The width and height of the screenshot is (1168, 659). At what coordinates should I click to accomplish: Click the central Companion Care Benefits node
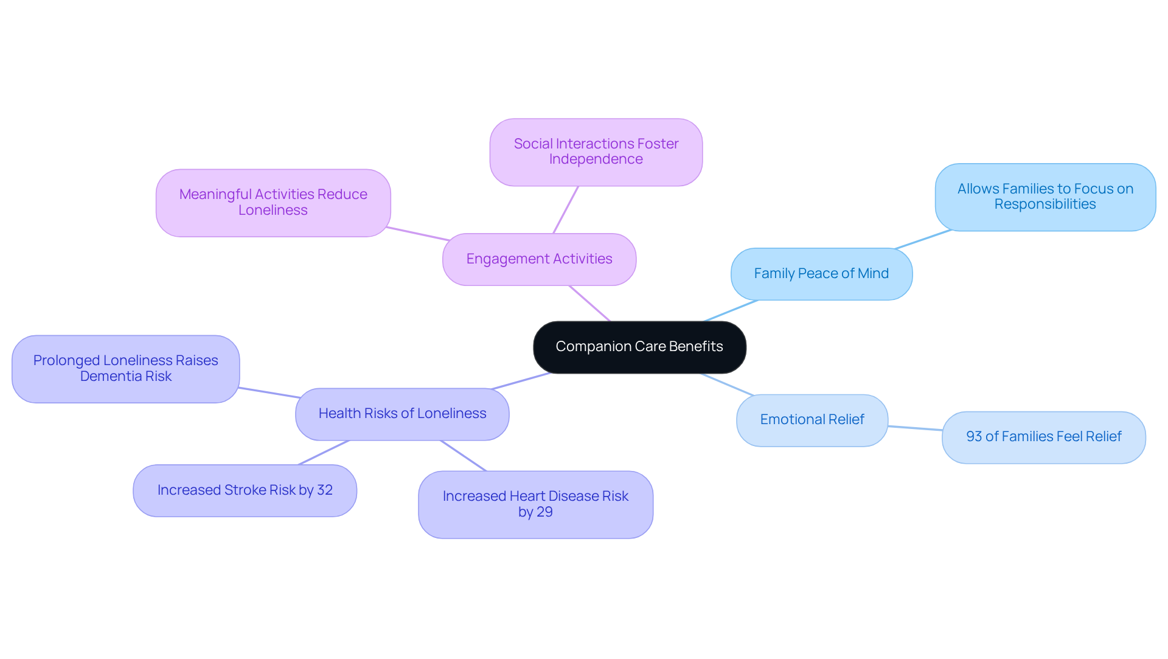tap(639, 347)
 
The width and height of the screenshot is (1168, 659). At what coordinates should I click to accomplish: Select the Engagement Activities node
tap(539, 259)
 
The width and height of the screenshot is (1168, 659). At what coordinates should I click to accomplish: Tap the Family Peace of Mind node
tap(821, 274)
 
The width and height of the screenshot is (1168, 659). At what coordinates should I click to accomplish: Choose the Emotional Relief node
tap(812, 420)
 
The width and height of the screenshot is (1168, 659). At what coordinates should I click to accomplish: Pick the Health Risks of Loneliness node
tap(402, 414)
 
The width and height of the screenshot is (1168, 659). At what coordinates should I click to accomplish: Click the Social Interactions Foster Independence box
tap(596, 152)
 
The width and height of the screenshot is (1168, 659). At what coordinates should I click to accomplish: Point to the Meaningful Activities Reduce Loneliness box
tap(273, 203)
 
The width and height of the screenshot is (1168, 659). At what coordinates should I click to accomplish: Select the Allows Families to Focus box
tap(1045, 197)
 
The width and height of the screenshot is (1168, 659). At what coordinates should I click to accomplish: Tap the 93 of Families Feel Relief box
tap(1043, 437)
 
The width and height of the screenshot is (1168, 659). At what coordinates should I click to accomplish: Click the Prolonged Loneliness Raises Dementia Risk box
tap(125, 369)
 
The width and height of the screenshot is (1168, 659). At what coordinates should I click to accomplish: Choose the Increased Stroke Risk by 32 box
tap(245, 490)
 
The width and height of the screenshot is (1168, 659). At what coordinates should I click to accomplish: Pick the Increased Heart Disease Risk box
tap(535, 504)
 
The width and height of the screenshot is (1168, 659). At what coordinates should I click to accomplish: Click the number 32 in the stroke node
tap(325, 490)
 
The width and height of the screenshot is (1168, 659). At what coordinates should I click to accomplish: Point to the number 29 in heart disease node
tap(544, 512)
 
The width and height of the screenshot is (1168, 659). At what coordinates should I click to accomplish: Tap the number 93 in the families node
tap(974, 437)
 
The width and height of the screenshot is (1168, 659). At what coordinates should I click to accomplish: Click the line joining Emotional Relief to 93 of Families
tap(915, 428)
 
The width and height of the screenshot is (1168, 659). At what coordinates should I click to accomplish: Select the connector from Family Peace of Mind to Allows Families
tap(923, 239)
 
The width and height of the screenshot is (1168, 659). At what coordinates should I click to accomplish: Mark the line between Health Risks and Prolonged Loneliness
tap(268, 392)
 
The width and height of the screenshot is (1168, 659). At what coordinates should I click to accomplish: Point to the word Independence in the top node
tap(596, 159)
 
